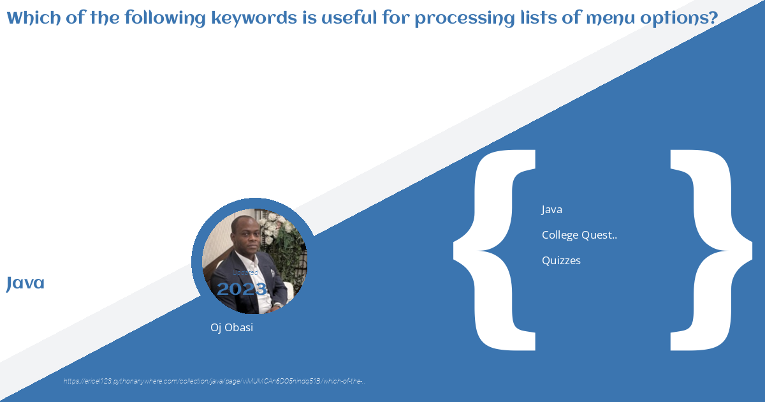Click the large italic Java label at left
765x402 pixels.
coord(25,283)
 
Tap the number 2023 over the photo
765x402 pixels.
coord(242,289)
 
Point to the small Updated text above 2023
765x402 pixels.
coord(245,272)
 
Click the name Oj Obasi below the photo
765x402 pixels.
coord(231,327)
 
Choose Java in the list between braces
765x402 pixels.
coord(551,209)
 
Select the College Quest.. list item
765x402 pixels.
coord(579,235)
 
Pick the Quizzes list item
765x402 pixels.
coord(561,260)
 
